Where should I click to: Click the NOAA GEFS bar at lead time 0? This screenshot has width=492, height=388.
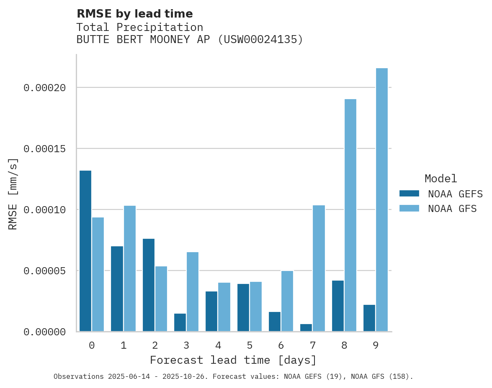coord(85,251)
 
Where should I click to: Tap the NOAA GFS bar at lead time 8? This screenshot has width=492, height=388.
coord(350,215)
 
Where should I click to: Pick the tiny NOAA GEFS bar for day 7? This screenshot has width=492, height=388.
coord(306,328)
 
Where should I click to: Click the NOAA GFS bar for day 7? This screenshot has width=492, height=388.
coord(319,268)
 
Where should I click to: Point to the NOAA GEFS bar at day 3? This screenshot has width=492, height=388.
coord(180,322)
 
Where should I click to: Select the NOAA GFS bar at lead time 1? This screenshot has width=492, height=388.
coord(130,268)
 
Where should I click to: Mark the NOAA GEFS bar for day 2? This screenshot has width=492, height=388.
coord(149,285)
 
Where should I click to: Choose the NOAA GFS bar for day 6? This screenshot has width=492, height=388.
coord(287,301)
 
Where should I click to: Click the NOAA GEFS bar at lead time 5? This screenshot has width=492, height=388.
coord(243,307)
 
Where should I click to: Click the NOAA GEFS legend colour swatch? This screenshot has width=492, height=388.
coord(409,193)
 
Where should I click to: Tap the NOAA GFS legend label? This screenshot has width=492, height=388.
coord(452,209)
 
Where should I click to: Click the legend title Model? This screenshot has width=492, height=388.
coord(440,179)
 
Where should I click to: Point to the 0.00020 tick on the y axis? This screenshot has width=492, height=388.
coord(45,88)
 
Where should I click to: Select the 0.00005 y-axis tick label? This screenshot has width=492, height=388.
coord(45,271)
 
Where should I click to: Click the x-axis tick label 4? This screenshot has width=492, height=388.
coord(218,345)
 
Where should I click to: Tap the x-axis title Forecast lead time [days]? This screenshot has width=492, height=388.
coord(233,360)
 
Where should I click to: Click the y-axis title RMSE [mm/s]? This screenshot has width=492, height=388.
coord(13,194)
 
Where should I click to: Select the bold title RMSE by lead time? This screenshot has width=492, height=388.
coord(134,14)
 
